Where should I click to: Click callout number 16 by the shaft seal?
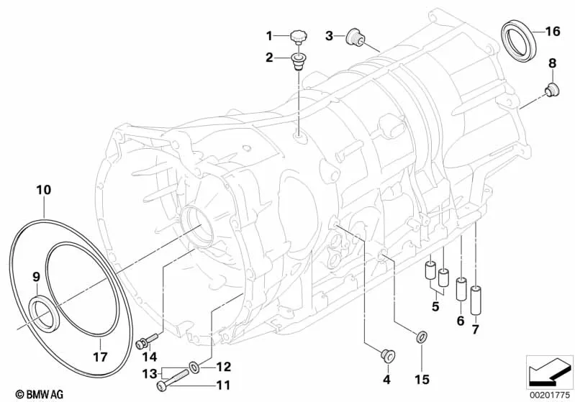(x=553, y=32)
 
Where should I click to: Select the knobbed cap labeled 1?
(x=298, y=38)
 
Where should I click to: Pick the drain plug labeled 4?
(x=386, y=355)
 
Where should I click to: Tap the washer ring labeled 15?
(x=421, y=336)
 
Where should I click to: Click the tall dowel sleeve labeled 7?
(x=475, y=299)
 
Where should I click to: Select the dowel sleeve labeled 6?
(x=461, y=290)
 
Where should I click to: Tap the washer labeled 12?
(x=194, y=367)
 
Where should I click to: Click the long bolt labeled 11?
(x=172, y=378)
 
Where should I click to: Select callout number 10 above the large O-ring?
(x=44, y=190)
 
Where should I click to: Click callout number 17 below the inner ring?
(x=100, y=357)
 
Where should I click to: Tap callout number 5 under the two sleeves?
(x=435, y=306)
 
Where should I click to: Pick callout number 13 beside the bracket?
(x=150, y=374)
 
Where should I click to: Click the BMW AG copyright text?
(x=40, y=394)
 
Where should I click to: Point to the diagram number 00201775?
(x=549, y=395)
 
